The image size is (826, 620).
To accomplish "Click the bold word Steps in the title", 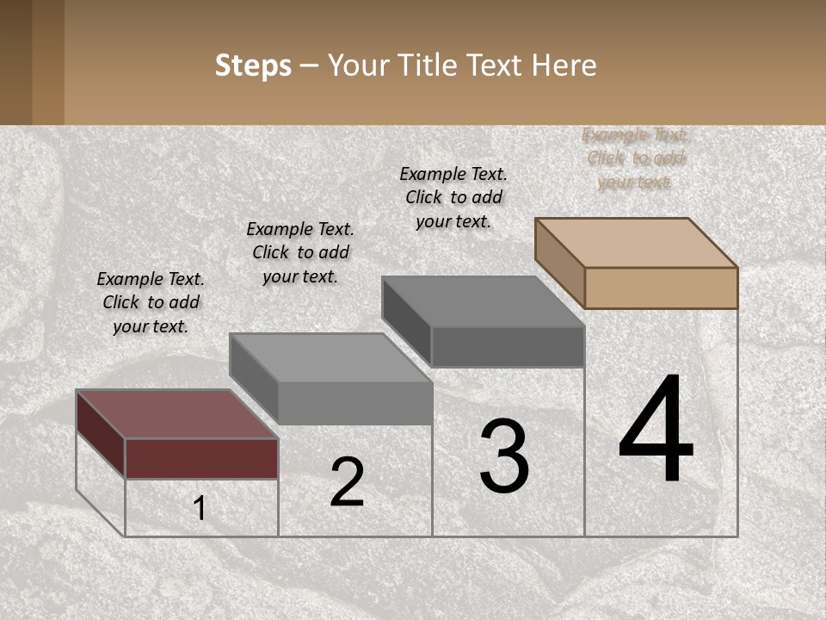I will (x=253, y=65).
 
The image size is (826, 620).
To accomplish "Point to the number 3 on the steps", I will (x=504, y=456).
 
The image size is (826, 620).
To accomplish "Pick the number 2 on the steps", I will (x=348, y=482).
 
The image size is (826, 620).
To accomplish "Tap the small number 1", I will (x=200, y=509).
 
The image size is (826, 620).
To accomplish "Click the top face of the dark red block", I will (x=176, y=414).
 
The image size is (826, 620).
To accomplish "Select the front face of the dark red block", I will (x=201, y=458).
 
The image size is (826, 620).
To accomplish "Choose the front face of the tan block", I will (x=661, y=288).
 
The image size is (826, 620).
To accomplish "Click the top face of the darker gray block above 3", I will (x=483, y=301).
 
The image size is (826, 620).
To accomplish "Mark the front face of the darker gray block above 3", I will (x=508, y=346).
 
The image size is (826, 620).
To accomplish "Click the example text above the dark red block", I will (x=151, y=302).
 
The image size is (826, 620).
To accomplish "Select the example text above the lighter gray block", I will (x=300, y=252).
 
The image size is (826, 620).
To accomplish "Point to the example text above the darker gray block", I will (x=453, y=197).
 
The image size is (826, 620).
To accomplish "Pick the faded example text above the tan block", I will (x=635, y=158).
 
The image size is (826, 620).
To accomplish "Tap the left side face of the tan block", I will (x=560, y=262).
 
